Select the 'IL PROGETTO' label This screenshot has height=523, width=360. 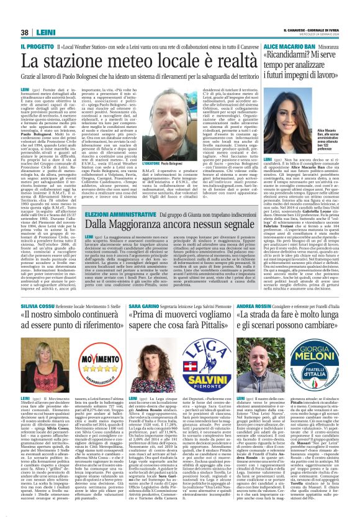[37, 47]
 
